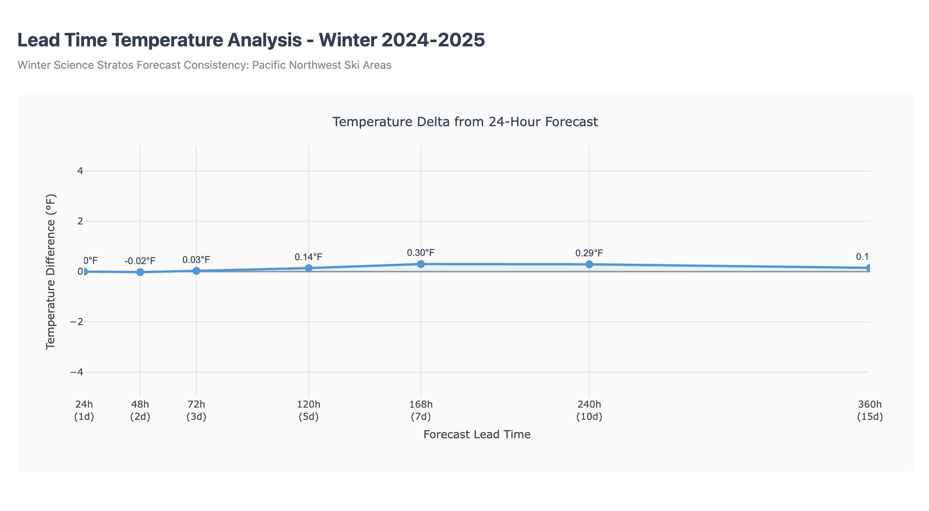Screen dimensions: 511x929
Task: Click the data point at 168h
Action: [x=421, y=264]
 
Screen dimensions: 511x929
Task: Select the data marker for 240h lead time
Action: [x=589, y=264]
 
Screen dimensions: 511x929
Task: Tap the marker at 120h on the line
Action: [x=308, y=268]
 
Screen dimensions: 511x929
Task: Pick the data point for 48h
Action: [x=140, y=272]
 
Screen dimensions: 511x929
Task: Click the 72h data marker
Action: [x=196, y=271]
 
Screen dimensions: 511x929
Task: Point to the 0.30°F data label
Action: [x=421, y=253]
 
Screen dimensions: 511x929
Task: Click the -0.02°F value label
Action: [x=140, y=261]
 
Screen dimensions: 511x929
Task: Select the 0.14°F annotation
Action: [x=308, y=257]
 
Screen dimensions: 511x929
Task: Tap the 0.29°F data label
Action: [x=589, y=253]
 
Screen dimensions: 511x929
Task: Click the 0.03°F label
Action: [x=196, y=260]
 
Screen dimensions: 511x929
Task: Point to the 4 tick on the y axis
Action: [x=80, y=171]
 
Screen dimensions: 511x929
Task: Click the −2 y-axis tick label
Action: [x=77, y=322]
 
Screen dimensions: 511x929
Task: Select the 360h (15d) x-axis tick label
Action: [x=870, y=410]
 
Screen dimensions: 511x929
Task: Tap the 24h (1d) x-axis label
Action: [x=84, y=410]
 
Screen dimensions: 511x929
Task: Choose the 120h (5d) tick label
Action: [x=308, y=410]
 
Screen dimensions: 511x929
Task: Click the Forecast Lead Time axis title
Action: [x=477, y=434]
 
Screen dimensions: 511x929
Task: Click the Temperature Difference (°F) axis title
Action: [x=51, y=272]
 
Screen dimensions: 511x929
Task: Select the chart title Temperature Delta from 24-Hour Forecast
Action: [x=465, y=122]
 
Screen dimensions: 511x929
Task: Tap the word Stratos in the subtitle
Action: [x=119, y=65]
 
